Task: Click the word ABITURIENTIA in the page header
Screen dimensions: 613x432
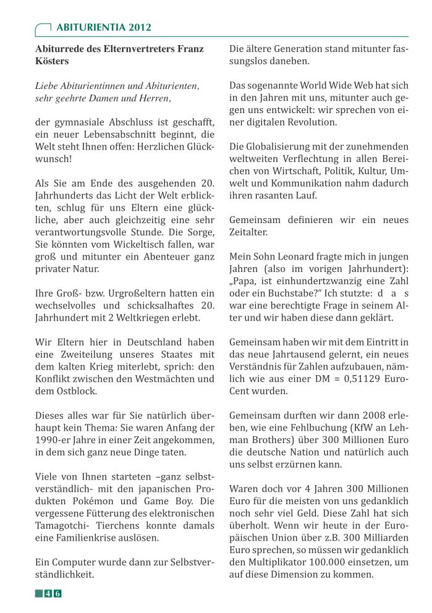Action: click(90, 28)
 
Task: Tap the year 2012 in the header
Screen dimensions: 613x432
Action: click(140, 28)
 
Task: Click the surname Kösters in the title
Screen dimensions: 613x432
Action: click(53, 61)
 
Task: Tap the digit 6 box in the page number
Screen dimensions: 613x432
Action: click(57, 594)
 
